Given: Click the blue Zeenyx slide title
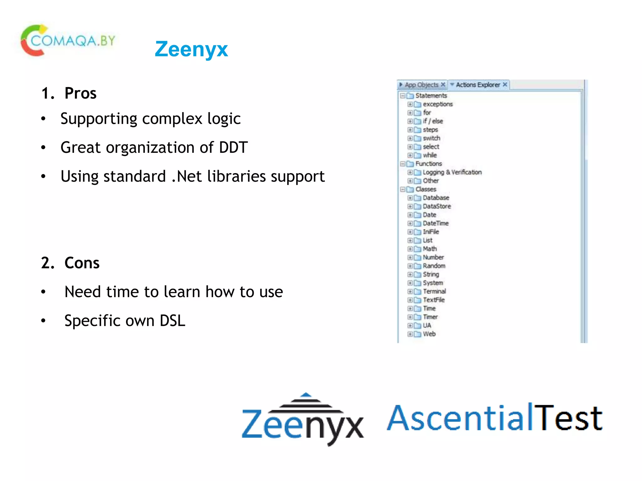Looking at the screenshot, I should point(191,49).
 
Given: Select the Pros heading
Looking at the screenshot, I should point(80,93).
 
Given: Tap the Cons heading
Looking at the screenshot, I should point(82,263).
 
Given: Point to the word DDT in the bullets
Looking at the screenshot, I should point(233,147).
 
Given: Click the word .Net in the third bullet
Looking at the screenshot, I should point(187,176).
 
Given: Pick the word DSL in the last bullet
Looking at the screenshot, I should point(172,321).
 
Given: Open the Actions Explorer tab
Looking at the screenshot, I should point(478,85).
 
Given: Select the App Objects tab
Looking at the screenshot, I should point(421,85).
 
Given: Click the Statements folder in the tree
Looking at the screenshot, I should point(431,96).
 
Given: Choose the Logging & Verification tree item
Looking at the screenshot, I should point(452,172).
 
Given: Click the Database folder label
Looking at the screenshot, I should point(436,198).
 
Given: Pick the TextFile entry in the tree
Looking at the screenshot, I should point(434,300).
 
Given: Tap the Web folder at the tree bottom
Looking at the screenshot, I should point(429,334).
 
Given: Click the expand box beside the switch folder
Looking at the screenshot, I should point(410,138).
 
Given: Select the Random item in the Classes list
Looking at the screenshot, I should point(434,266).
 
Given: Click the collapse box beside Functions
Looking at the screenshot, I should point(403,164).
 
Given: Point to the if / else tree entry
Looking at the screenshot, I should point(433,121).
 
